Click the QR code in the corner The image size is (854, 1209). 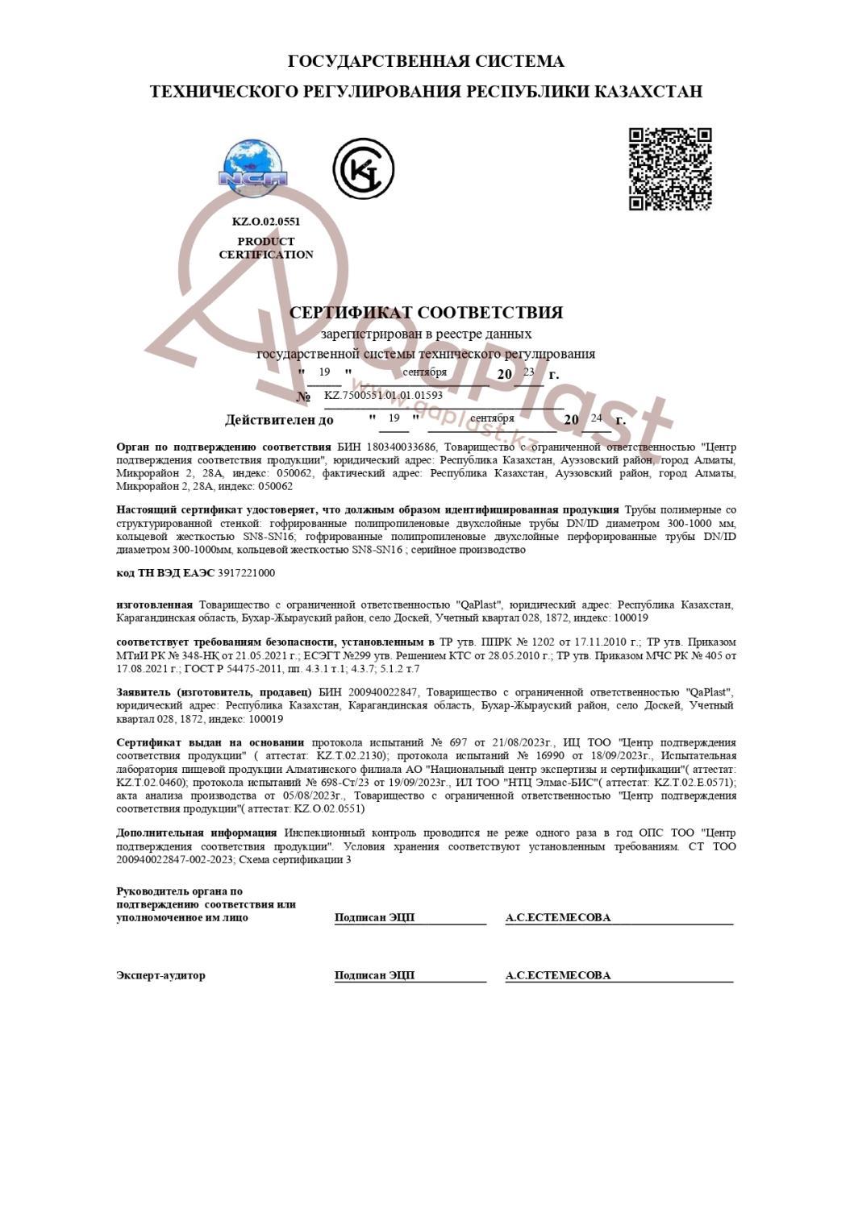(x=670, y=168)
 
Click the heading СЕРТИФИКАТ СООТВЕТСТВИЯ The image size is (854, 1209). (x=426, y=313)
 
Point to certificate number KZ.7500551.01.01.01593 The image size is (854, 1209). (x=383, y=396)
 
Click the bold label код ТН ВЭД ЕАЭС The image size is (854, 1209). (x=154, y=573)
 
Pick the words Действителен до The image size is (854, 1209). (x=279, y=420)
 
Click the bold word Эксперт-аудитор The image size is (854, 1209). (x=160, y=975)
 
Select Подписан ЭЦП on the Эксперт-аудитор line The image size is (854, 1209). (x=375, y=975)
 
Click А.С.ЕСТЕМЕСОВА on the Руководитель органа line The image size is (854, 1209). (x=558, y=917)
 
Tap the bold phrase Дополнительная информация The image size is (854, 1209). (x=196, y=833)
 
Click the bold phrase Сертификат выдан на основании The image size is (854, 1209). (x=210, y=742)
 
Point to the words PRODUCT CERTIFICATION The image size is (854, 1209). (x=265, y=248)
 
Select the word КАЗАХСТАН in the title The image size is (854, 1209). (x=648, y=92)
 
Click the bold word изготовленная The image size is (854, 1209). (x=154, y=604)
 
